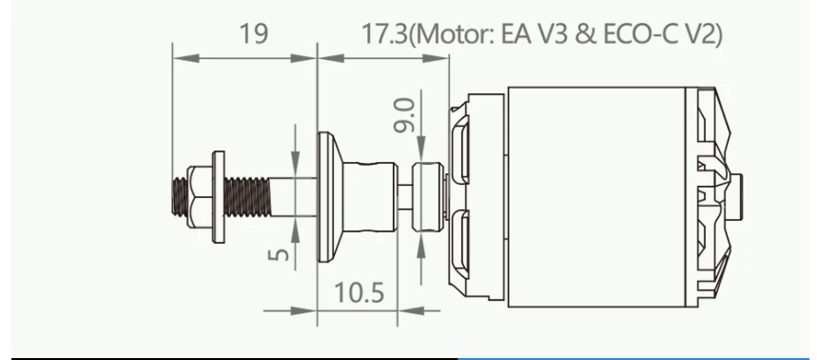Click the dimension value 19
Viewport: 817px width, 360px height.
(x=254, y=33)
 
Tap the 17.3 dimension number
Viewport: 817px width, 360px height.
(x=385, y=34)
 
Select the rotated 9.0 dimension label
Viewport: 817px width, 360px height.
(x=404, y=115)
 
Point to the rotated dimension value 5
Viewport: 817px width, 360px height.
(x=280, y=254)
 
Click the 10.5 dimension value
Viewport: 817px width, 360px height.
(x=359, y=292)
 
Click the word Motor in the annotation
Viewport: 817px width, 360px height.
(x=455, y=35)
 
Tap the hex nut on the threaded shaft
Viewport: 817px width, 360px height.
(x=200, y=197)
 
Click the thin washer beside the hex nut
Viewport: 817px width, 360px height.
(x=219, y=197)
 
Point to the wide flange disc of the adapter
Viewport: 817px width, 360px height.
(x=324, y=197)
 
